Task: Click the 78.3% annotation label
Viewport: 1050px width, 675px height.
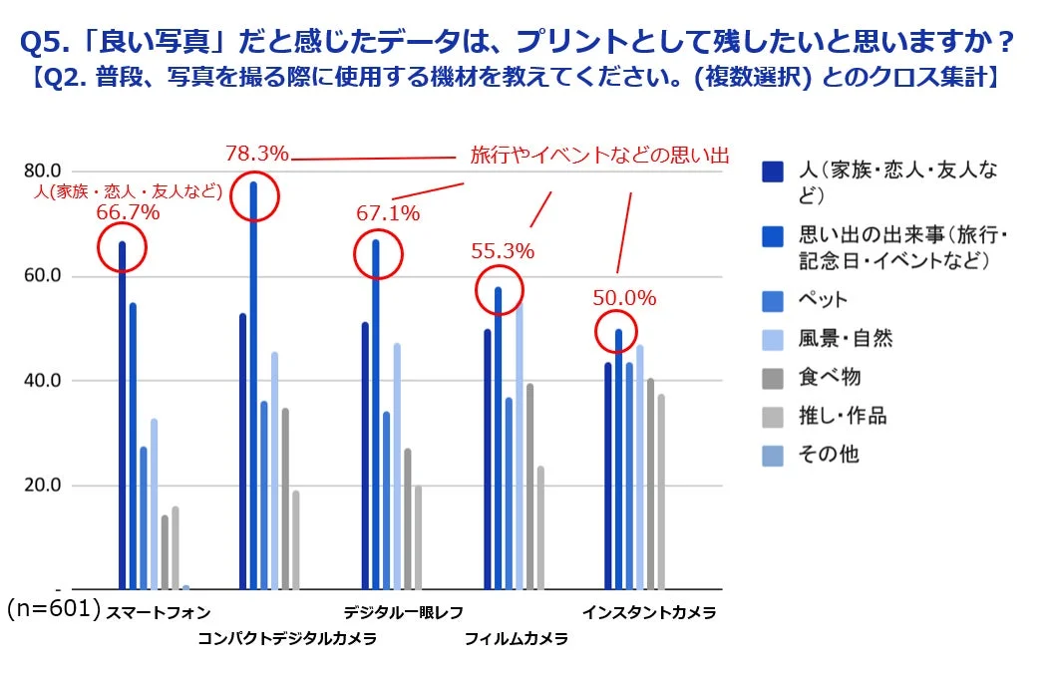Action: [x=256, y=154]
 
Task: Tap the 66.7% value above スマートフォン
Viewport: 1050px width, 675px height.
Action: [x=128, y=211]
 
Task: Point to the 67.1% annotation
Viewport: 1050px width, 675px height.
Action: [x=388, y=212]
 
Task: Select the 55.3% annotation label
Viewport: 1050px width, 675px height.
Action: [x=503, y=251]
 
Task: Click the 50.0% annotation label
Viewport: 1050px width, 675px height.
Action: [x=624, y=298]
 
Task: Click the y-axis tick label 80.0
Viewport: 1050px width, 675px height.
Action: [x=43, y=170]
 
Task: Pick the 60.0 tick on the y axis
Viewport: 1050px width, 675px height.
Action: [x=43, y=275]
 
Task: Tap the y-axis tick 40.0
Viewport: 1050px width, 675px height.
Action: [x=43, y=381]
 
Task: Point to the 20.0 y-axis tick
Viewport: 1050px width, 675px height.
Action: [x=43, y=486]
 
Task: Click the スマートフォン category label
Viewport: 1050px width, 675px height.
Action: [x=158, y=612]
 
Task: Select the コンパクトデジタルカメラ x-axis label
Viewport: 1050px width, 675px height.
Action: [x=286, y=639]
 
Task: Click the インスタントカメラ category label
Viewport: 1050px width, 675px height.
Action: [x=649, y=612]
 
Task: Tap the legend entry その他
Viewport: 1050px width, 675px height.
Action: [x=829, y=455]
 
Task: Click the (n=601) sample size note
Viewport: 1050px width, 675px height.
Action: [x=54, y=608]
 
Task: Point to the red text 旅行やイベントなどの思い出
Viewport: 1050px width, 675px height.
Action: [x=599, y=156]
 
